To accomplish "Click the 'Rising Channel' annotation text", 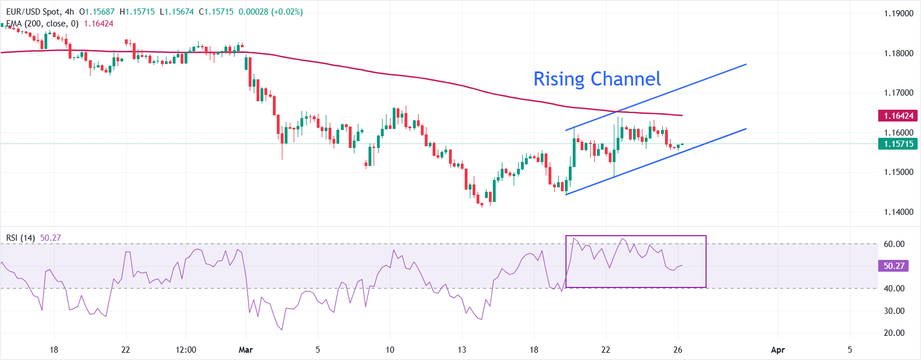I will (597, 79).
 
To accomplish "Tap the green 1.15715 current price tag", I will (898, 143).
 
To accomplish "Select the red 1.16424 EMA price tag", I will (898, 115).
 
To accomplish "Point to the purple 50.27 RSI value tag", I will (893, 265).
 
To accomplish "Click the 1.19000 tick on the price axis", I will (898, 13).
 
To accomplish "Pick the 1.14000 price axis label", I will (898, 212).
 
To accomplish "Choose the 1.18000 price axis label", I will (898, 53).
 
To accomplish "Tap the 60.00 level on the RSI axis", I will (894, 244).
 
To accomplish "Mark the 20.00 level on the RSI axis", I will (894, 333).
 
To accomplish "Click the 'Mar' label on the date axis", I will (246, 350).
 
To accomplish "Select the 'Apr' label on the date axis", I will (778, 350).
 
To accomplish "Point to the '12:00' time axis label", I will (186, 350).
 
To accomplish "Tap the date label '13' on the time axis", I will (462, 350).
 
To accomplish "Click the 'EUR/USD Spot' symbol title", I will (32, 12).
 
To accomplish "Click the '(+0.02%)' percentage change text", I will (287, 12).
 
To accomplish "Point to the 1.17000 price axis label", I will (898, 93).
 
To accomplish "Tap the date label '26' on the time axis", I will (677, 350).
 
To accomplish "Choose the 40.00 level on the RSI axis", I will (894, 289).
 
